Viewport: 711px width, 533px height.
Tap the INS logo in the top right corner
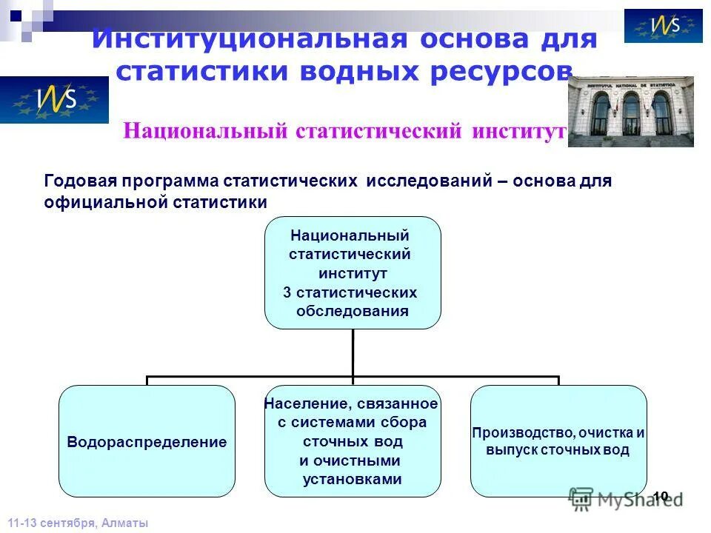click(x=663, y=26)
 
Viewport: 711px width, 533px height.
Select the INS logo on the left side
click(x=54, y=100)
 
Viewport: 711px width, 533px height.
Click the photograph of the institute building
click(x=630, y=112)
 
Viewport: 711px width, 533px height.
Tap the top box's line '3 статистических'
click(x=350, y=292)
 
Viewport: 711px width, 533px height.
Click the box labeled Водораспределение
click(x=147, y=441)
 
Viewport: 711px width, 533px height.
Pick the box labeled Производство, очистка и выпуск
click(x=558, y=441)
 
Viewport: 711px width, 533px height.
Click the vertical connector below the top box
click(x=353, y=352)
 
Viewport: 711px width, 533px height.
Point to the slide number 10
click(x=661, y=495)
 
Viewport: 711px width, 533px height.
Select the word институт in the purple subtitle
click(x=517, y=131)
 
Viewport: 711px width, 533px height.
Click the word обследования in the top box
click(x=352, y=311)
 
